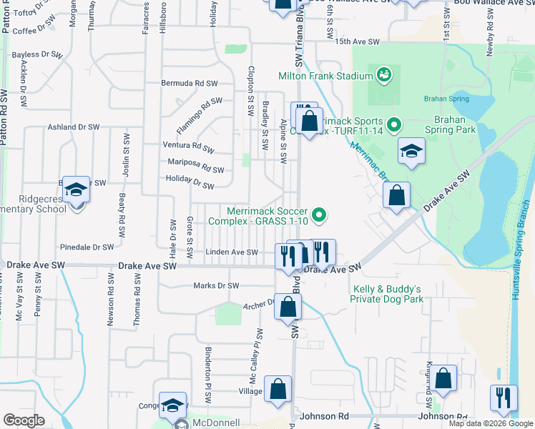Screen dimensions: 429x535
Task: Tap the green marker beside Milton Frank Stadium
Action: click(383, 74)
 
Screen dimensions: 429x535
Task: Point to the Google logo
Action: click(24, 420)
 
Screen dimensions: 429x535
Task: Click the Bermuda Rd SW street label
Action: click(190, 83)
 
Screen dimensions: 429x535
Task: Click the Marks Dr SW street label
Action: click(216, 286)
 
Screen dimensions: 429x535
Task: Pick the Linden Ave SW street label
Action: click(231, 252)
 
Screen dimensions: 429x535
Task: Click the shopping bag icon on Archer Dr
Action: click(288, 307)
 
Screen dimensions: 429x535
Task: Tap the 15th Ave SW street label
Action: click(352, 42)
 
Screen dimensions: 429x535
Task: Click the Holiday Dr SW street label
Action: click(190, 183)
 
